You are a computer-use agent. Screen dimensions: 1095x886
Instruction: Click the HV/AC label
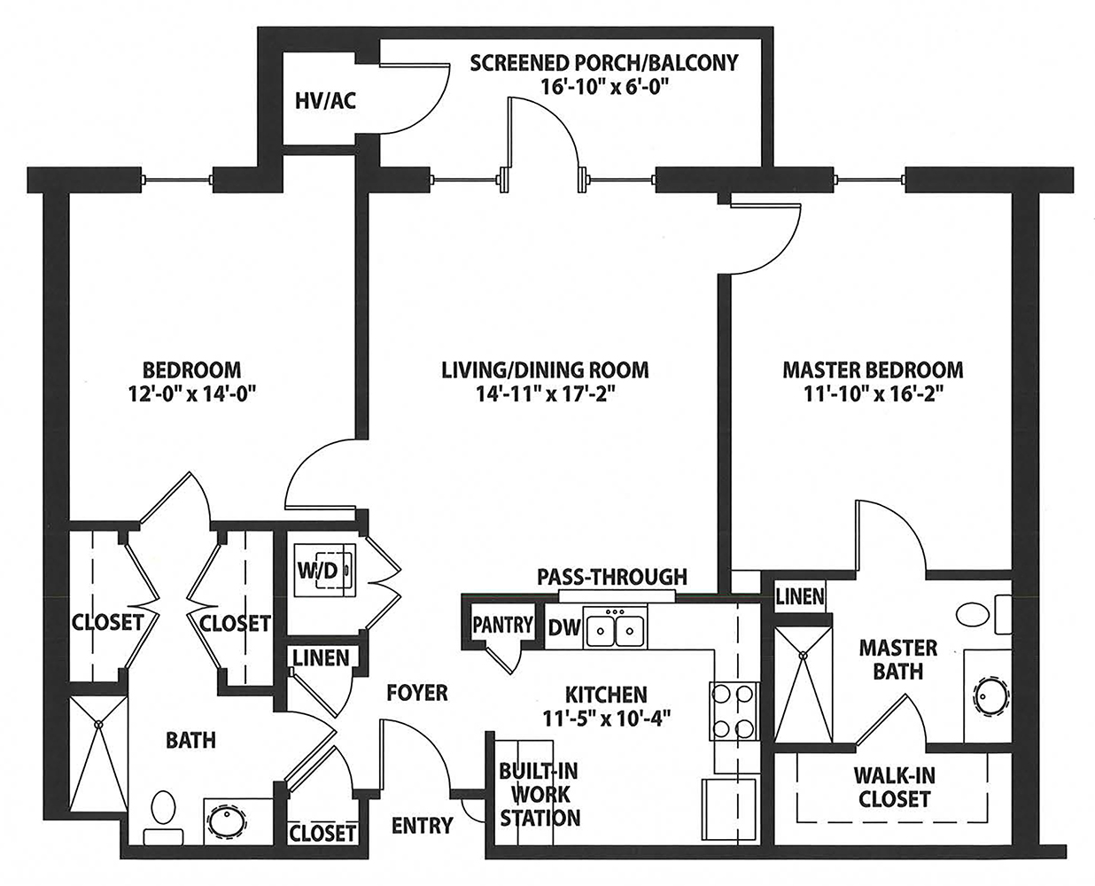click(x=325, y=101)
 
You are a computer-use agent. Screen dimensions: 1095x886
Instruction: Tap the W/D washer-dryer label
click(x=318, y=571)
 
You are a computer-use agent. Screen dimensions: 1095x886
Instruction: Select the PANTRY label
click(x=502, y=625)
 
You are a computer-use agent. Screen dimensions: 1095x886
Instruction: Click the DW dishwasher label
click(x=564, y=627)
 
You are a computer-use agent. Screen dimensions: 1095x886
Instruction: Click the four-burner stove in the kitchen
click(x=734, y=711)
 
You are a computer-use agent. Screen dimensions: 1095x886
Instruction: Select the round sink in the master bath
click(x=990, y=696)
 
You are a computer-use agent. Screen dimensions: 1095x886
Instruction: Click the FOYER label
click(x=417, y=693)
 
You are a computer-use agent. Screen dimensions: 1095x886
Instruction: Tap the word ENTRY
click(x=422, y=826)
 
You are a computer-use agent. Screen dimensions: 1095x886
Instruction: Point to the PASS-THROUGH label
click(x=612, y=577)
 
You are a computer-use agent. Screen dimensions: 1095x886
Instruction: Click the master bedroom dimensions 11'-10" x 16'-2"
click(x=873, y=394)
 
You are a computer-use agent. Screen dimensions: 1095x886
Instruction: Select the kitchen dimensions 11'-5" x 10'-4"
click(x=606, y=718)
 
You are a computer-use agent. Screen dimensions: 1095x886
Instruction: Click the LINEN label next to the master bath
click(x=800, y=596)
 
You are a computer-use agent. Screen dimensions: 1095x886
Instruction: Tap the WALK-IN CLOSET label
click(x=895, y=788)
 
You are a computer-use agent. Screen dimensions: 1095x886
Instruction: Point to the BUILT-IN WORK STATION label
click(x=540, y=795)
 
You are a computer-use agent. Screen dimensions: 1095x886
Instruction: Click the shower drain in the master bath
click(x=803, y=655)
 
